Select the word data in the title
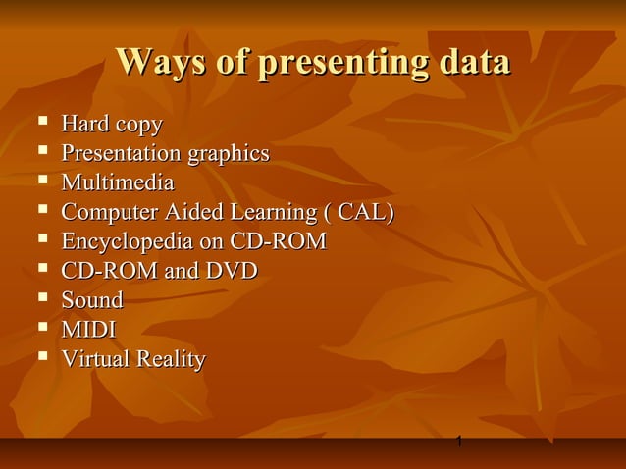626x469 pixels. [474, 62]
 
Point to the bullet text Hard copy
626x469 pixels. [112, 126]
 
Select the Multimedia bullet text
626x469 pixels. [118, 183]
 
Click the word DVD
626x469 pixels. [231, 271]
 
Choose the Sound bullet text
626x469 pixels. [92, 300]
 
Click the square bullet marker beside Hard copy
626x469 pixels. [40, 124]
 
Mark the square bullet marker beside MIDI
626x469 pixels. [40, 328]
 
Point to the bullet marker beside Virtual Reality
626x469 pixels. [40, 357]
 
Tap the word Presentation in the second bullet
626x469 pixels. [121, 154]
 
